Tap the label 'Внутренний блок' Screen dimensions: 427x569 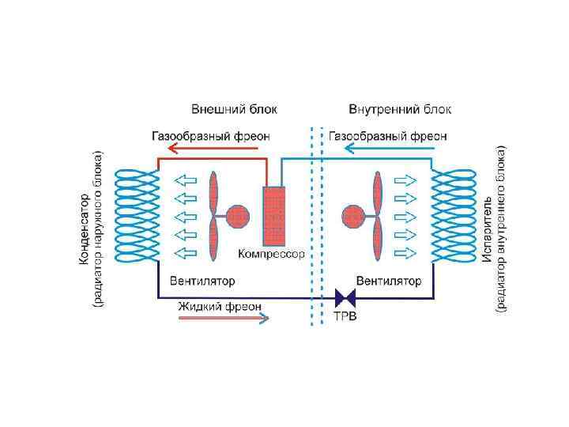[400, 109]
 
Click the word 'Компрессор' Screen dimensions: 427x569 [271, 255]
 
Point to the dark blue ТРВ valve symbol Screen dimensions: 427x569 [345, 298]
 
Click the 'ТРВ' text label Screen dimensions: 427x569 [345, 317]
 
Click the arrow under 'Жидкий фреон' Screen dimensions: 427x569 [224, 318]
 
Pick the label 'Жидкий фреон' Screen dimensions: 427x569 [219, 305]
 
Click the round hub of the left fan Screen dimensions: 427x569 [237, 215]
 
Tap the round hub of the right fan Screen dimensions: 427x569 [352, 215]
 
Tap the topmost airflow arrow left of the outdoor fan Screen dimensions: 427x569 [186, 179]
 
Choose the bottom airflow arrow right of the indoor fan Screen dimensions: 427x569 [404, 253]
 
